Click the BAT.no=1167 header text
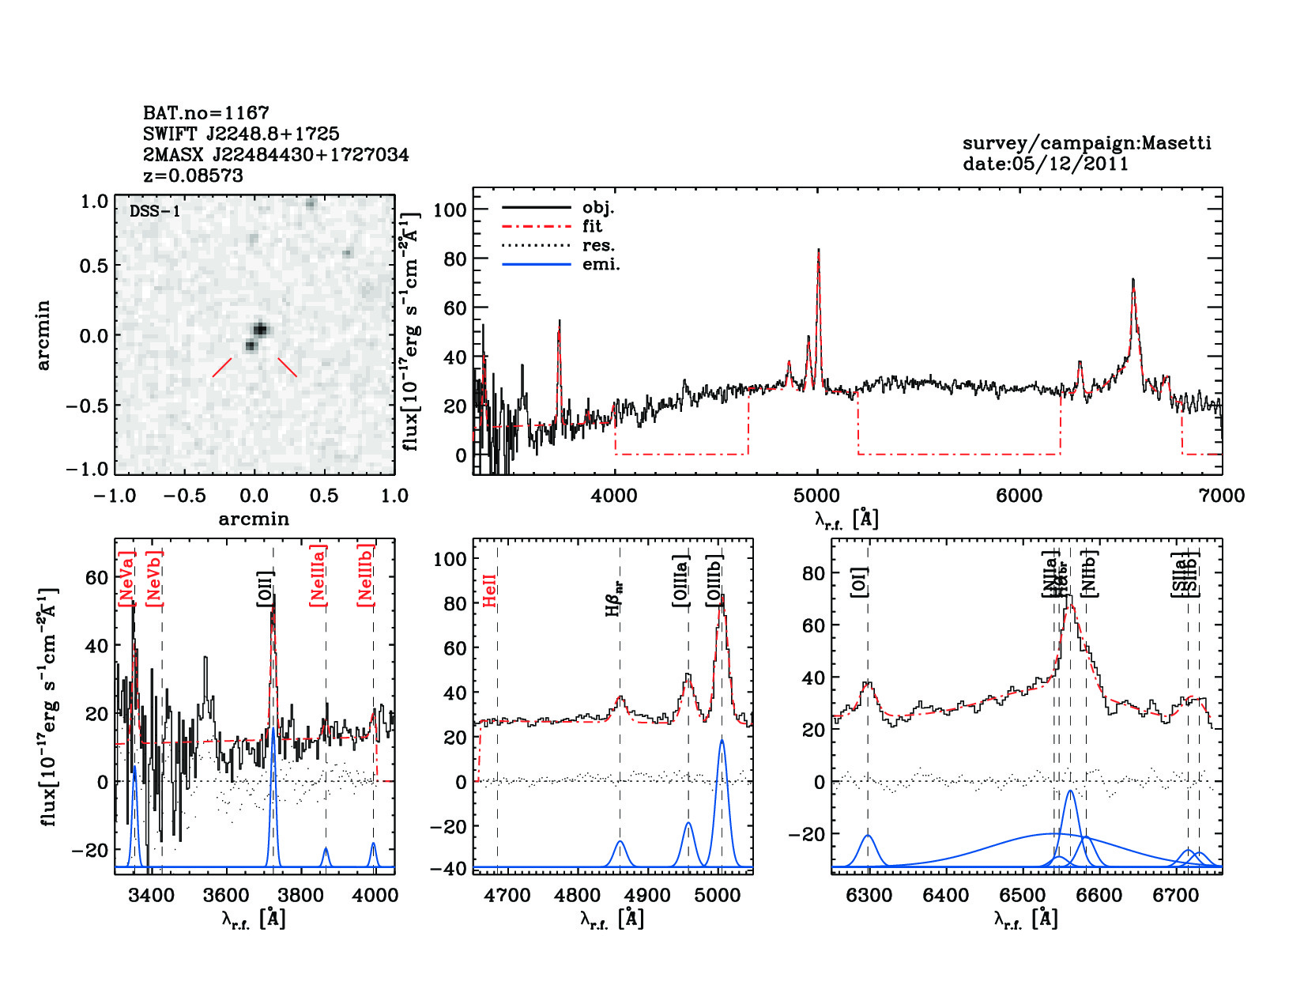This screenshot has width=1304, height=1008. [206, 113]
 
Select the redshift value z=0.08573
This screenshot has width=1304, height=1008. [194, 176]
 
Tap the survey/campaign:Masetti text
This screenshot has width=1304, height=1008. [1087, 143]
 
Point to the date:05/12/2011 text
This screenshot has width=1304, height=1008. [1046, 164]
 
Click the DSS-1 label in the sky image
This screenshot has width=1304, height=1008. [155, 211]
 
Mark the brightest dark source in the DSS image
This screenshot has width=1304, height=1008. [260, 329]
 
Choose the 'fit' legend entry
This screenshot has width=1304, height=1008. [592, 227]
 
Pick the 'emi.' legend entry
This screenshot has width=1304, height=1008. [601, 265]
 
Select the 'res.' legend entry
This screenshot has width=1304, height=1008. [598, 246]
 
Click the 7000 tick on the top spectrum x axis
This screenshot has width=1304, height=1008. [1222, 496]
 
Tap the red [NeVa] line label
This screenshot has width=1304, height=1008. [126, 579]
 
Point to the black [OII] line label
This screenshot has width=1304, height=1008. [265, 589]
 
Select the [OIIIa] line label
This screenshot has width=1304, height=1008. [681, 581]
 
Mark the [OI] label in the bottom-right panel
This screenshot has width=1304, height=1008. [859, 582]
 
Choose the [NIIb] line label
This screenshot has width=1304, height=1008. [1090, 573]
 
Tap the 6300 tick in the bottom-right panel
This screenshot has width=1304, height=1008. [869, 896]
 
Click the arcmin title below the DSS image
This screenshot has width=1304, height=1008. [254, 519]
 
